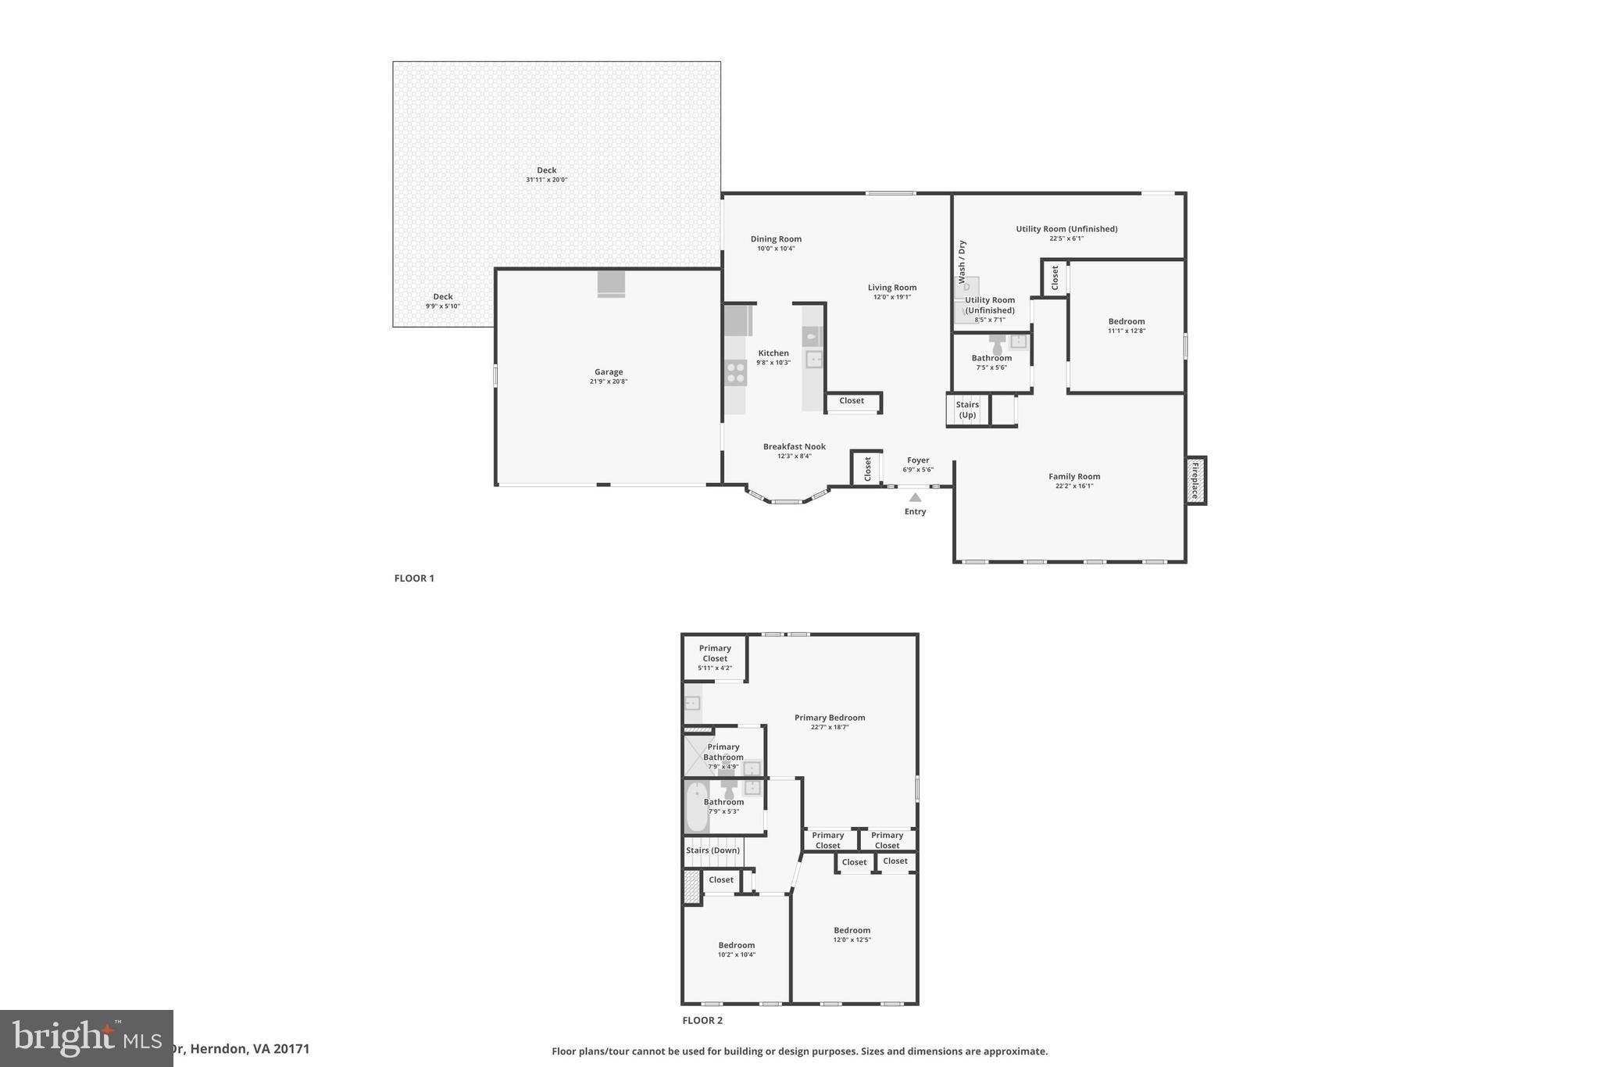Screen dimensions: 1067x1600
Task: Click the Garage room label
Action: click(609, 372)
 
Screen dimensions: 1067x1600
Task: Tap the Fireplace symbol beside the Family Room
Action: click(1195, 480)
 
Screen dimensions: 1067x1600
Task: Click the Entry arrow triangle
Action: click(915, 497)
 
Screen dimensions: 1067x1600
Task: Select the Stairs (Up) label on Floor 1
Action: click(967, 410)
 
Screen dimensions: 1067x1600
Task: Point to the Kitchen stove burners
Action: click(736, 372)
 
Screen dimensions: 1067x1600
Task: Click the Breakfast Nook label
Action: click(794, 446)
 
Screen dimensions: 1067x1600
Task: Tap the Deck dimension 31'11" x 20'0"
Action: click(546, 180)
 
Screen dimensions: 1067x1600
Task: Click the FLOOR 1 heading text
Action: click(414, 578)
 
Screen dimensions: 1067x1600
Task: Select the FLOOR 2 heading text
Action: click(702, 1020)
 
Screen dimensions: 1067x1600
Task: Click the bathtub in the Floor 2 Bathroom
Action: click(696, 807)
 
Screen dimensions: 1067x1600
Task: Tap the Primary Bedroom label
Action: click(830, 718)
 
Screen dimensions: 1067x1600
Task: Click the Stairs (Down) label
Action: click(712, 850)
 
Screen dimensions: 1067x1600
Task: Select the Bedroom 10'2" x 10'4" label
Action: click(737, 949)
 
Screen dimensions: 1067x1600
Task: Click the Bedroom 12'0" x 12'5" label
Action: click(852, 934)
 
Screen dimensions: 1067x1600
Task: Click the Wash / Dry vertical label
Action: click(962, 261)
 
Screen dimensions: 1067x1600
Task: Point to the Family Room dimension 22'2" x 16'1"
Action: click(1074, 486)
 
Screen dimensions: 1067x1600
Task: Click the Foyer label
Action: click(918, 460)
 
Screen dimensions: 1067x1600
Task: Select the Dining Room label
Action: click(776, 239)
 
